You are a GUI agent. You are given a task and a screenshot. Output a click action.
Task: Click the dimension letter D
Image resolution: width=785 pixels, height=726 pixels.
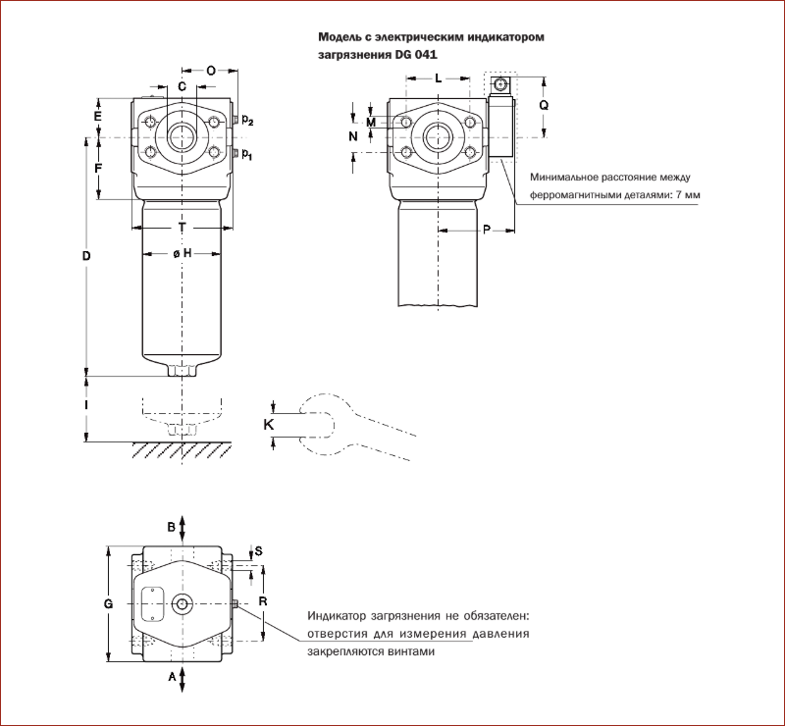pyautogui.click(x=86, y=256)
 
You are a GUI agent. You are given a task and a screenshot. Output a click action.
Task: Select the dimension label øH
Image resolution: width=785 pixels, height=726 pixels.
pyautogui.click(x=182, y=253)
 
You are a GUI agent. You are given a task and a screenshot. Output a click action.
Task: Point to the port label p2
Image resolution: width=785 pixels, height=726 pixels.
pyautogui.click(x=248, y=121)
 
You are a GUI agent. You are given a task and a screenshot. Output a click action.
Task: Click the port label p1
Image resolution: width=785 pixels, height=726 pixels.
pyautogui.click(x=248, y=154)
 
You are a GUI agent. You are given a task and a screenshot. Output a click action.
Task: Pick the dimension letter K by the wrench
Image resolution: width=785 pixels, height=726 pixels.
pyautogui.click(x=269, y=424)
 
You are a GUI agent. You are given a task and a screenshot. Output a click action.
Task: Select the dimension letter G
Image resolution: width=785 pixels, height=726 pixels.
pyautogui.click(x=108, y=604)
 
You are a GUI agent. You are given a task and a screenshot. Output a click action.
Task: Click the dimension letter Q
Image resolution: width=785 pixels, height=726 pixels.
pyautogui.click(x=544, y=104)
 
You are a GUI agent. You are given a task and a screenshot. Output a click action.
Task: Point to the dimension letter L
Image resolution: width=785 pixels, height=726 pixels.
pyautogui.click(x=438, y=77)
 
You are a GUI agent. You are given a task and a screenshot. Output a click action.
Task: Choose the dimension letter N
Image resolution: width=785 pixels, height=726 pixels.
pyautogui.click(x=353, y=137)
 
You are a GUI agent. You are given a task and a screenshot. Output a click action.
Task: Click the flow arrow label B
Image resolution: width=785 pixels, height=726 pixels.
pyautogui.click(x=171, y=527)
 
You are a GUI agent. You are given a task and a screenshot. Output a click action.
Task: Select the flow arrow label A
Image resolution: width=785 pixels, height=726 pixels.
pyautogui.click(x=171, y=677)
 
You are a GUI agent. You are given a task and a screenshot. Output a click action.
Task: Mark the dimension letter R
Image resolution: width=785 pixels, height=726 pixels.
pyautogui.click(x=263, y=599)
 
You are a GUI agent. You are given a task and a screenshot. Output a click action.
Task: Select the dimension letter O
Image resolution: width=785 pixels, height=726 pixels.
pyautogui.click(x=212, y=71)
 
